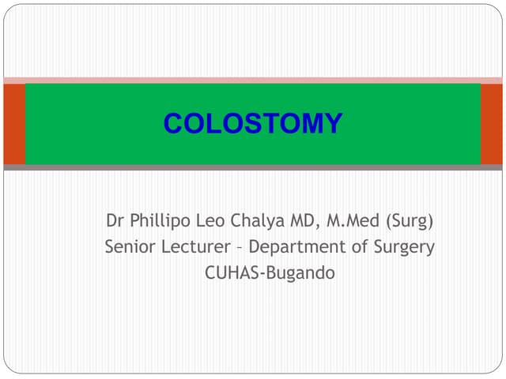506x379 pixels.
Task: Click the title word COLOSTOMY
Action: [252, 124]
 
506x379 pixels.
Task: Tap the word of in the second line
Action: [358, 247]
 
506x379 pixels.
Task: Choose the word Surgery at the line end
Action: [404, 247]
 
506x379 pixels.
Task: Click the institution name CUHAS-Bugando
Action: [270, 275]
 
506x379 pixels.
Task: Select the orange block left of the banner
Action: [14, 124]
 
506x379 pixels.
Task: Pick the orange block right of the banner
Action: [491, 124]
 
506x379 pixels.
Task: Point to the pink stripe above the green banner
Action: [252, 81]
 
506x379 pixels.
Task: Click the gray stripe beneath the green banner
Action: [252, 167]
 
